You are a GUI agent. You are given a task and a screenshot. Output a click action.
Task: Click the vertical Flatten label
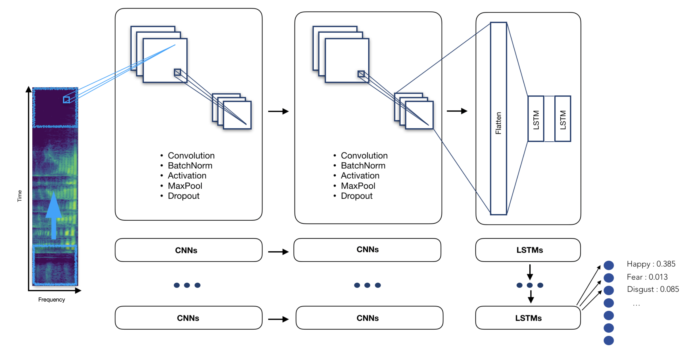498,123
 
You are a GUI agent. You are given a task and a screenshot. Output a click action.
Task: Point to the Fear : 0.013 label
647,277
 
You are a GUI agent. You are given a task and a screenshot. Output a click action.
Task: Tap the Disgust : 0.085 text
653,289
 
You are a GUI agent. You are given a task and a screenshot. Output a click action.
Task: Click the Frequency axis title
51,300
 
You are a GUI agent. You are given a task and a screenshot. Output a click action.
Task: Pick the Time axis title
20,196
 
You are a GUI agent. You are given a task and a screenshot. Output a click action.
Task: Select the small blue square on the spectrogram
66,100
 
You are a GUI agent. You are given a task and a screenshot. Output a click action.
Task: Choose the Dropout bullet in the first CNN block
183,196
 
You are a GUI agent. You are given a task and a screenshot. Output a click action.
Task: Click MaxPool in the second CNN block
358,186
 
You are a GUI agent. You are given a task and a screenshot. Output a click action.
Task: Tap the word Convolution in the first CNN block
191,156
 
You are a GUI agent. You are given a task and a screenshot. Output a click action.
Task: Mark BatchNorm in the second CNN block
363,166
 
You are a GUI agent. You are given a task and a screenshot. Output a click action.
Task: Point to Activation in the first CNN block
187,176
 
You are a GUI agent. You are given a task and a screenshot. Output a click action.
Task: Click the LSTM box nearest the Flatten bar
536,119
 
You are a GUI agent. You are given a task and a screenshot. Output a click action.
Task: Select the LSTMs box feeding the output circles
528,318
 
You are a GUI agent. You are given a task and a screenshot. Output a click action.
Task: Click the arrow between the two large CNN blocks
278,111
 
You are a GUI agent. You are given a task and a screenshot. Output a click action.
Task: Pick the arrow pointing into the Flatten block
457,111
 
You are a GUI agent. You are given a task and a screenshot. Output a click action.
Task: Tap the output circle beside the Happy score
609,265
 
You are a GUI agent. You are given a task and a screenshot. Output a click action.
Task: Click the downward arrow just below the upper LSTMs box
530,272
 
